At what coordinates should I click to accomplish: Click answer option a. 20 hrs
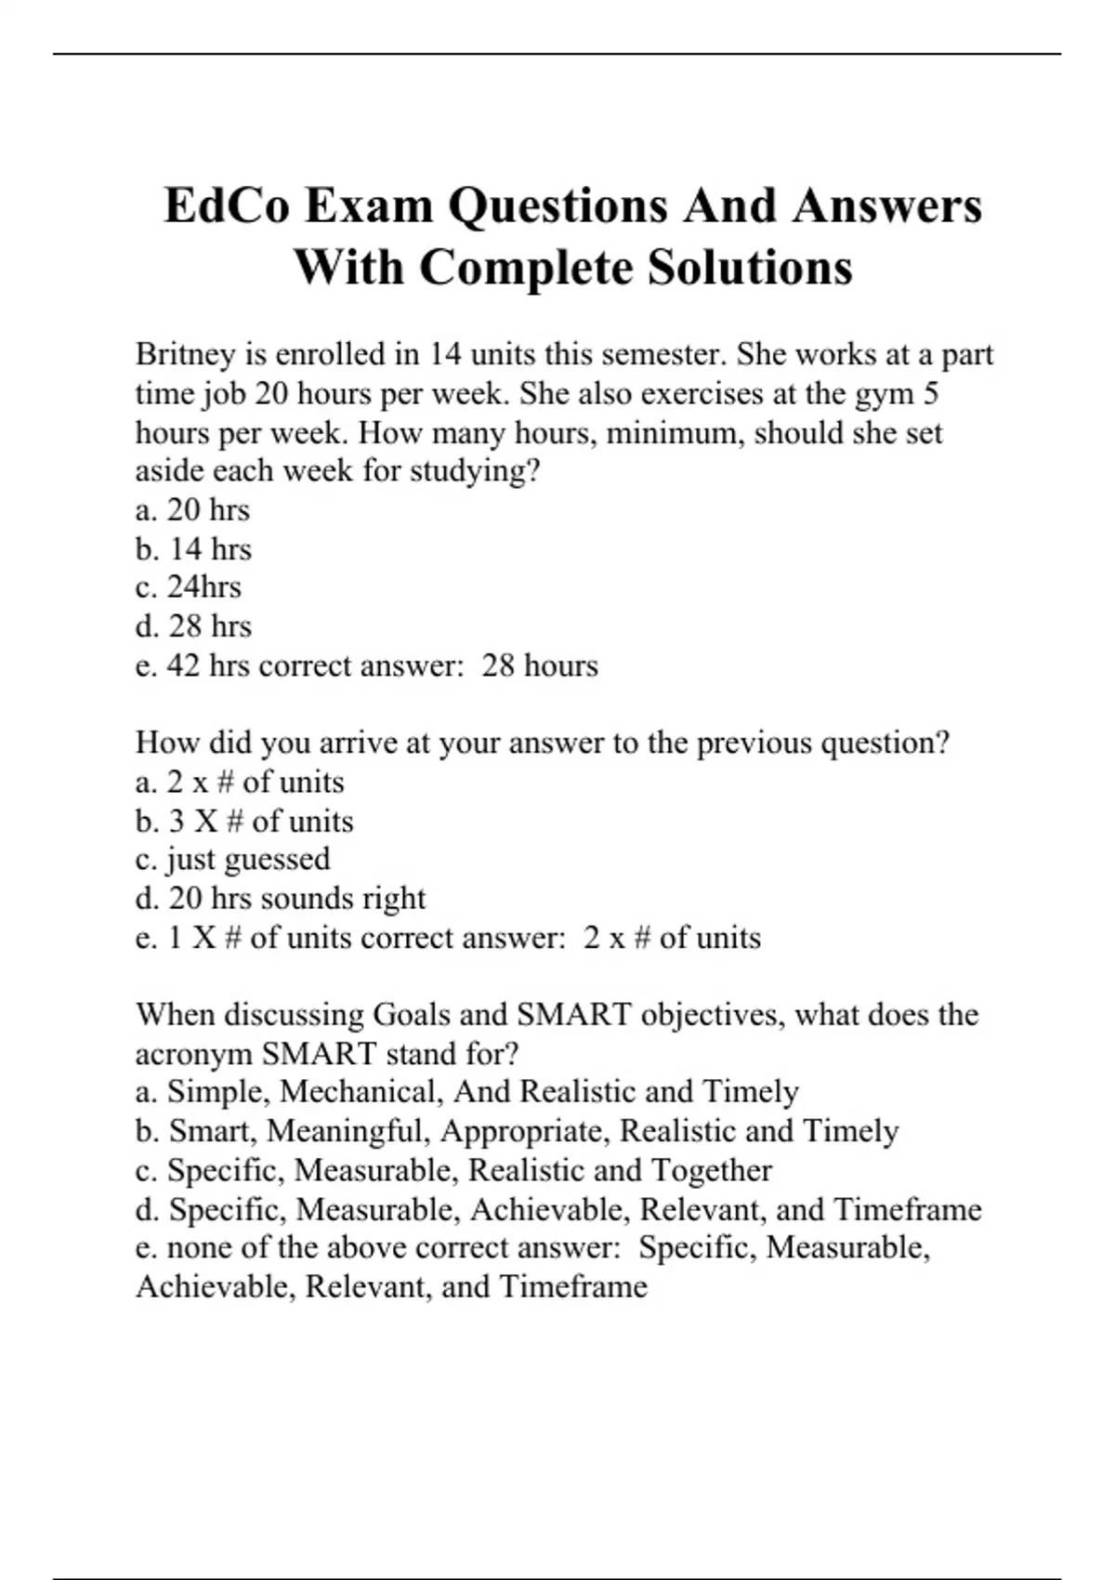[x=192, y=510]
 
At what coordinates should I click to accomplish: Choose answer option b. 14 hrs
[x=193, y=549]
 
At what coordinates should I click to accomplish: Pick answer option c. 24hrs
[x=189, y=587]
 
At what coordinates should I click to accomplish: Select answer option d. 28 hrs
[x=193, y=626]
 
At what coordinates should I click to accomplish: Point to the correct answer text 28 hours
[x=540, y=665]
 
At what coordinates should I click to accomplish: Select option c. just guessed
[x=233, y=859]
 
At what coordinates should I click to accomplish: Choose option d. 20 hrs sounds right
[x=281, y=898]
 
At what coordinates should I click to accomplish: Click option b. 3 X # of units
[x=244, y=821]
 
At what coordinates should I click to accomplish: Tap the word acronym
[x=193, y=1054]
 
